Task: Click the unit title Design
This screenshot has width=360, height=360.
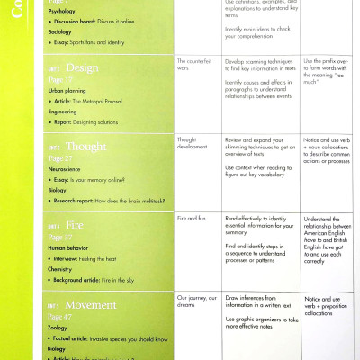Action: pos(83,67)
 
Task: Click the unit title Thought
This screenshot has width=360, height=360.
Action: pos(86,146)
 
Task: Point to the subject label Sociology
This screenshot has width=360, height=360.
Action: pos(59,31)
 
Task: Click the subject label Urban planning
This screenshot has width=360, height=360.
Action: pos(67,92)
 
